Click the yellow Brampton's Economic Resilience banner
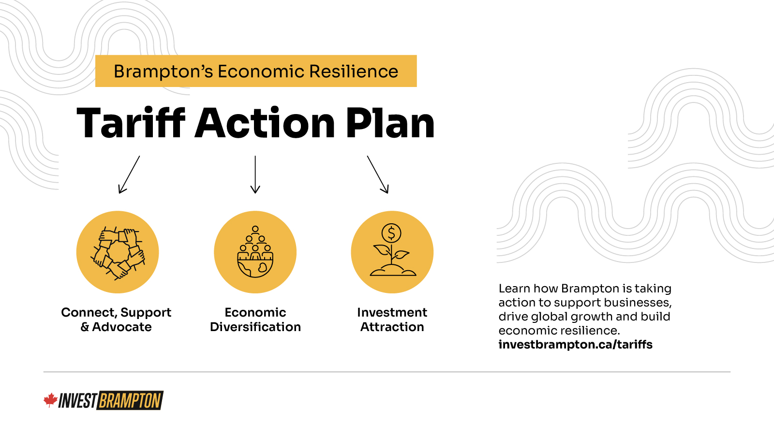coord(256,71)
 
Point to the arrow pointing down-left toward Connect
coord(129,174)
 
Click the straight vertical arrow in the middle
coord(255,174)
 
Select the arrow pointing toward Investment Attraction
coord(378,174)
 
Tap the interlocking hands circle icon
coord(118,252)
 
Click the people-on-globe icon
coord(255,252)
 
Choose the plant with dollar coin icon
coord(392,252)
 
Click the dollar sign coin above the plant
coord(391,233)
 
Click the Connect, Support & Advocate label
coord(116,319)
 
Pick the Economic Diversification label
coord(255,319)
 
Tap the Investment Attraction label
coord(392,319)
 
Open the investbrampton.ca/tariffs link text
coord(575,345)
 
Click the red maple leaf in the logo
coord(50,400)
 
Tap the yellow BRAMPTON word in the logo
coord(130,401)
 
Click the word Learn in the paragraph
coord(514,288)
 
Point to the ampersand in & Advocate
coord(85,327)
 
